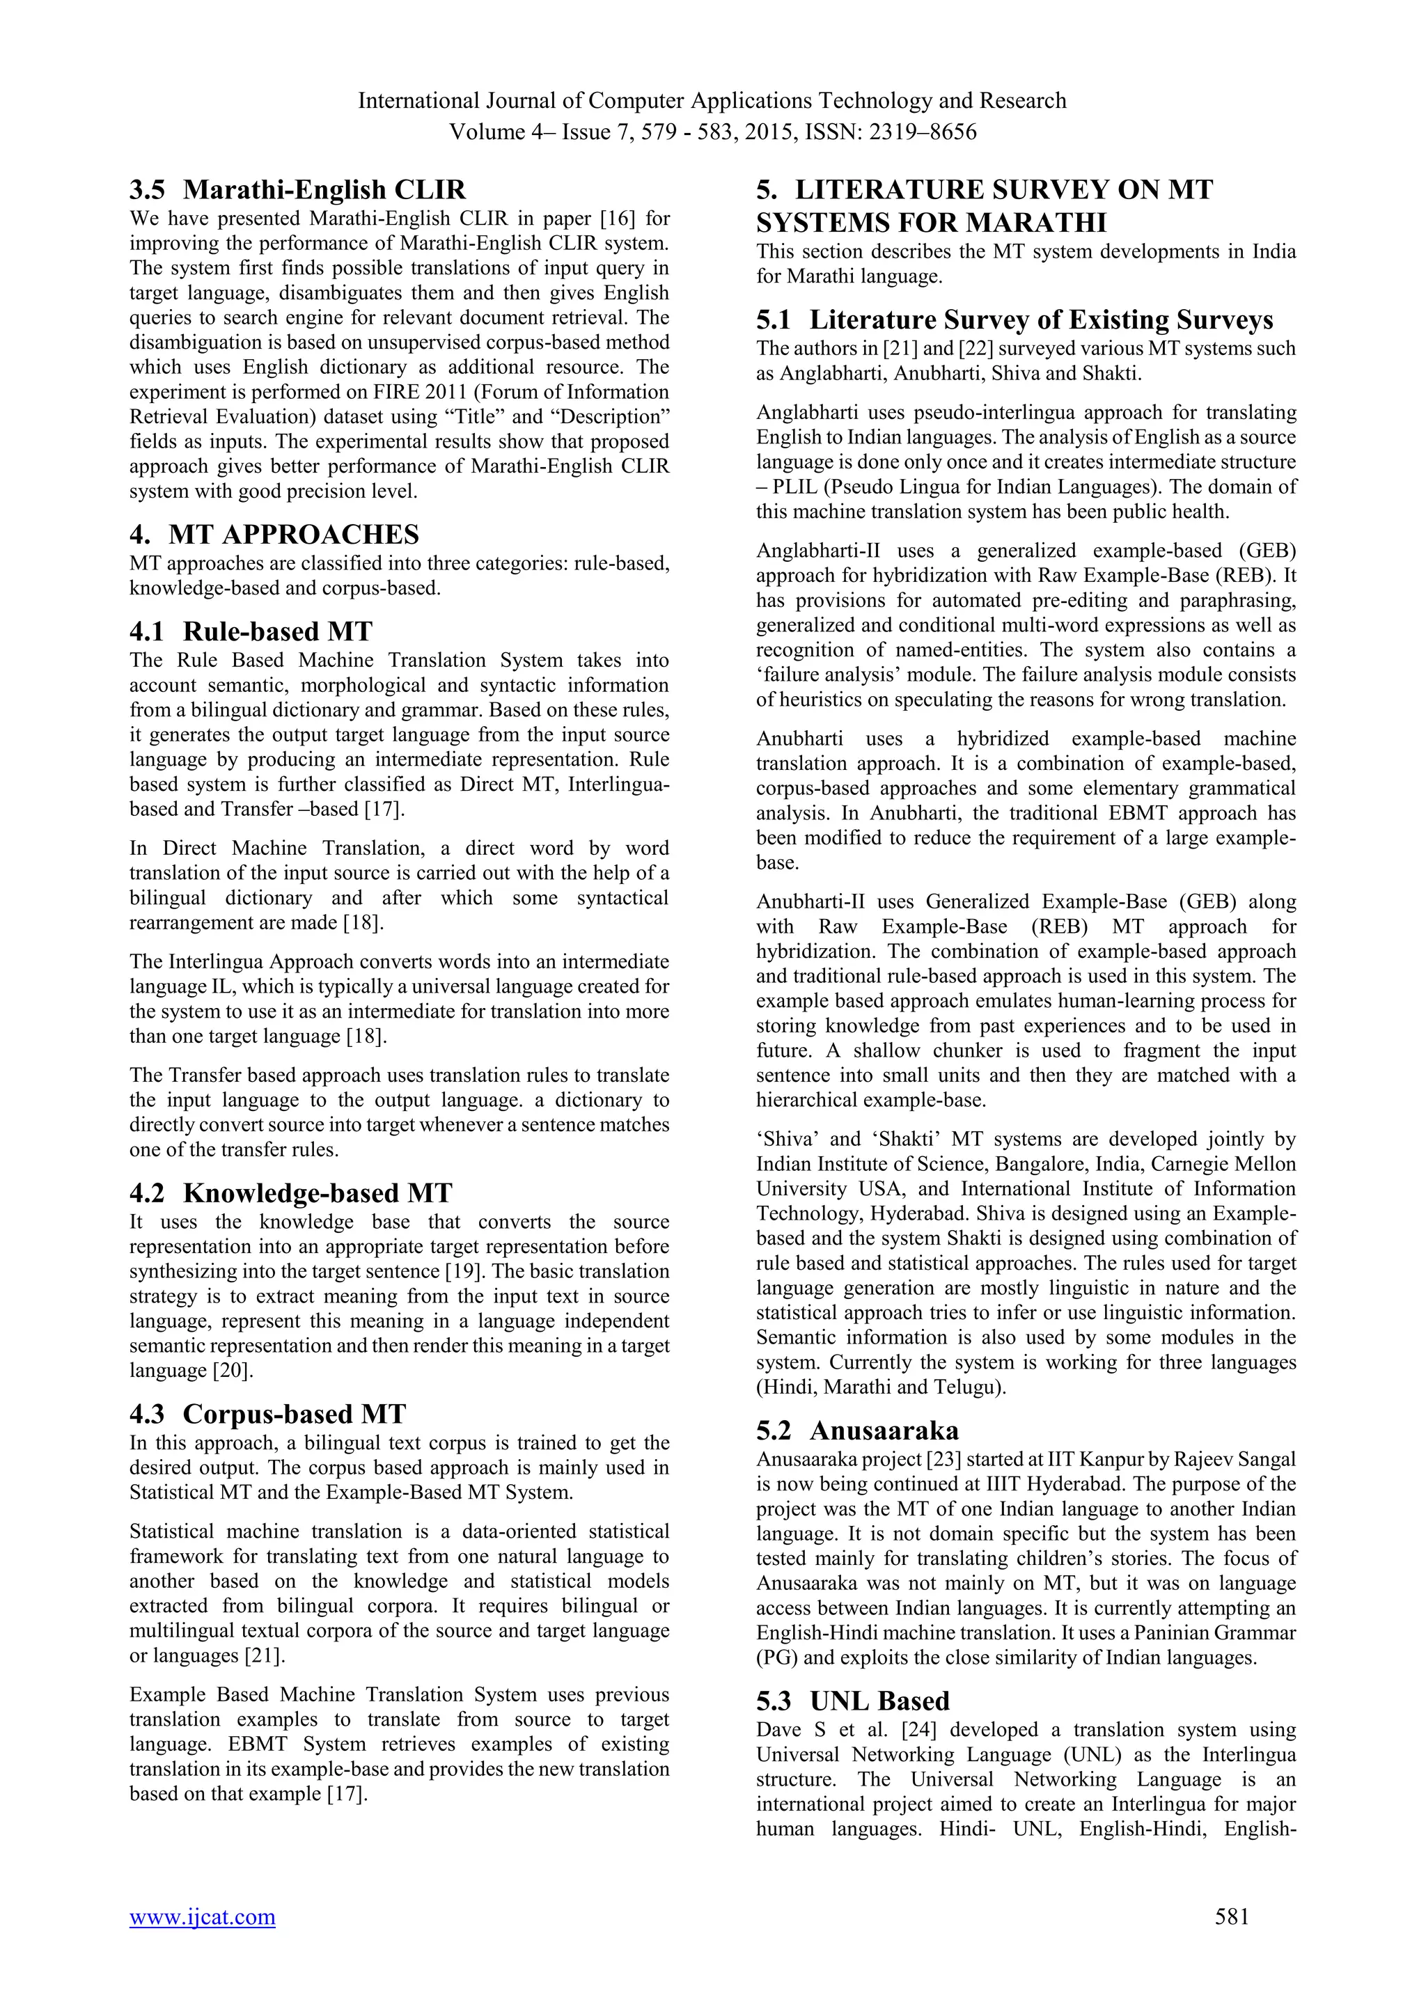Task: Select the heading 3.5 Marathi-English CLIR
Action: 298,189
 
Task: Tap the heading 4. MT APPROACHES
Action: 274,534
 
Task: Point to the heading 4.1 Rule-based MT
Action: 251,631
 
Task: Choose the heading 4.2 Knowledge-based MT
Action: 290,1193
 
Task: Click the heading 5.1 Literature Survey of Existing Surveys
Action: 1014,320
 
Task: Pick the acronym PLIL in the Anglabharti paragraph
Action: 791,487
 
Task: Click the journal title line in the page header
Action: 712,101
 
